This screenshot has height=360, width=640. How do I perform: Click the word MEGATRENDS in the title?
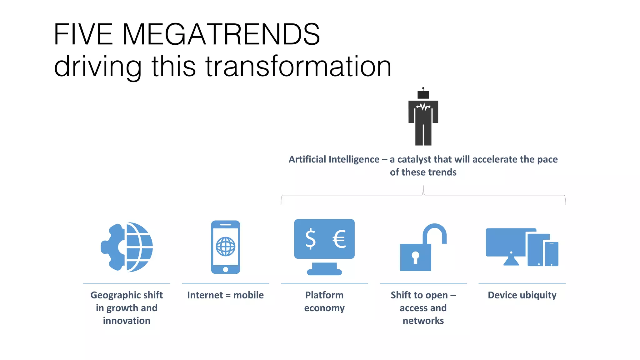click(x=221, y=34)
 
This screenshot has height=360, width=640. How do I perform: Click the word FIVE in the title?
click(x=83, y=34)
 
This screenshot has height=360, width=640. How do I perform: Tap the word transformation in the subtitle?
click(x=298, y=66)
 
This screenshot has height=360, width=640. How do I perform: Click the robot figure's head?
click(x=423, y=94)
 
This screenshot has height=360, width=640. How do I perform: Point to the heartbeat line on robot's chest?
click(x=423, y=107)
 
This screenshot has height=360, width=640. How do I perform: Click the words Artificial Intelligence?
click(x=334, y=159)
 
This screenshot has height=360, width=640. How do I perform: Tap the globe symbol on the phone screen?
click(x=226, y=247)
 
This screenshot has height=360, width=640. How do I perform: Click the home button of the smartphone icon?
click(x=226, y=269)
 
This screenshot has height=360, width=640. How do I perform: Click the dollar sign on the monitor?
click(x=310, y=239)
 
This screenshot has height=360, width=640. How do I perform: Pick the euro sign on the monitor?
click(x=339, y=239)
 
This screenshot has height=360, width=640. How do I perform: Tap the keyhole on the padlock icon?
click(x=415, y=257)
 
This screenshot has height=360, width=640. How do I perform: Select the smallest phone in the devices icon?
click(x=552, y=254)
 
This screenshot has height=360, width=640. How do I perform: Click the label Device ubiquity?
click(x=522, y=295)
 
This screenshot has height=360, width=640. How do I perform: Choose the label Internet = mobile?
click(x=225, y=295)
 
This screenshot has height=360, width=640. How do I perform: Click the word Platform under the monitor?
click(x=324, y=295)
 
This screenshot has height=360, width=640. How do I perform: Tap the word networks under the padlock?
click(x=423, y=321)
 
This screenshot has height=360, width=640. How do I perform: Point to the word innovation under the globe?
click(x=127, y=321)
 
